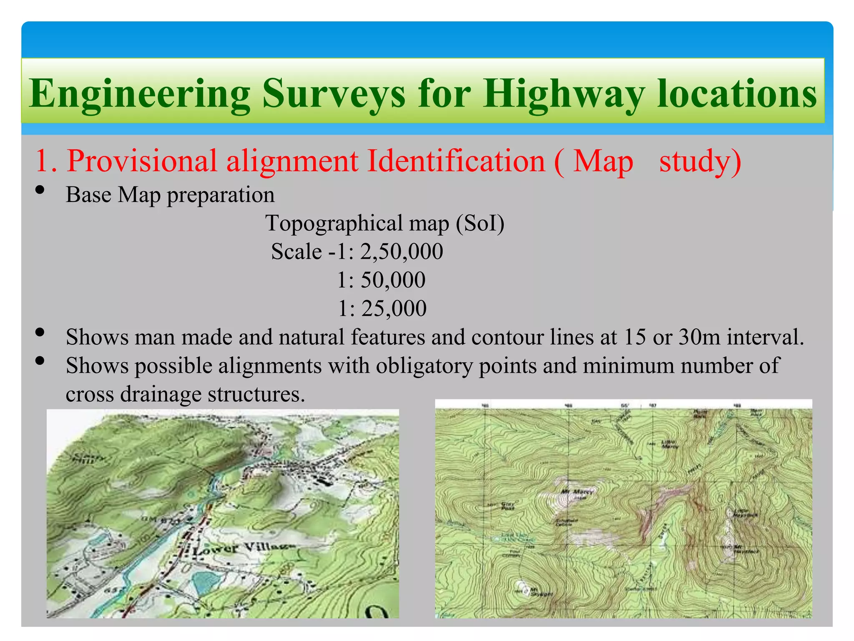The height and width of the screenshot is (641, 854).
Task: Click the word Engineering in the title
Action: [140, 94]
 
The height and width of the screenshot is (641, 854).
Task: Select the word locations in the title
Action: [736, 94]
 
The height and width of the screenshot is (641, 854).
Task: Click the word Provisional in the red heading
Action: [142, 161]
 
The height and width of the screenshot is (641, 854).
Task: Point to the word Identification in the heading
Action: [456, 161]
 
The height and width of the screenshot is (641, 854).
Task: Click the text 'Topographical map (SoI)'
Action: [384, 223]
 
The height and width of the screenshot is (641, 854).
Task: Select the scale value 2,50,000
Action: [401, 252]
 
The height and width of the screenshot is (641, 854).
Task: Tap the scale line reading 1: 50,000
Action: [381, 280]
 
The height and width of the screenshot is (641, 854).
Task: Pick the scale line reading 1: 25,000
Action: [382, 309]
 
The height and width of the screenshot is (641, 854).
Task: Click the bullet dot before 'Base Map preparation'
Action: [40, 190]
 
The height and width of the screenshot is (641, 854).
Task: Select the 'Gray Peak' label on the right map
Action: [508, 506]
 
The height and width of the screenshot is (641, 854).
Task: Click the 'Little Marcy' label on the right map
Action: [670, 444]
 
